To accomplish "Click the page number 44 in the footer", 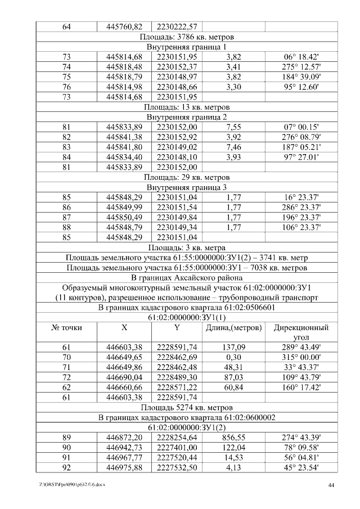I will click(x=331, y=484).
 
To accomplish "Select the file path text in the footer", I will click(x=73, y=484).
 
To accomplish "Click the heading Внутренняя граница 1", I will click(x=186, y=47).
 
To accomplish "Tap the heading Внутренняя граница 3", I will click(x=186, y=187).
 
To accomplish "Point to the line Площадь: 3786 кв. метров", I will click(x=186, y=37).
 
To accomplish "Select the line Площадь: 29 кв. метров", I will click(x=186, y=177).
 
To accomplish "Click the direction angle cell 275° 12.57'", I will click(x=301, y=67).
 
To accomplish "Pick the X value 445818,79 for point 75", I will click(x=124, y=76).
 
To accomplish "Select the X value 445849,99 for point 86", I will click(x=124, y=207).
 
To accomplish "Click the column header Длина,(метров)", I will click(x=233, y=327).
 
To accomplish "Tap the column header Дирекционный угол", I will click(x=301, y=332).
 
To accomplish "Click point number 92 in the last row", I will click(x=66, y=467).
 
